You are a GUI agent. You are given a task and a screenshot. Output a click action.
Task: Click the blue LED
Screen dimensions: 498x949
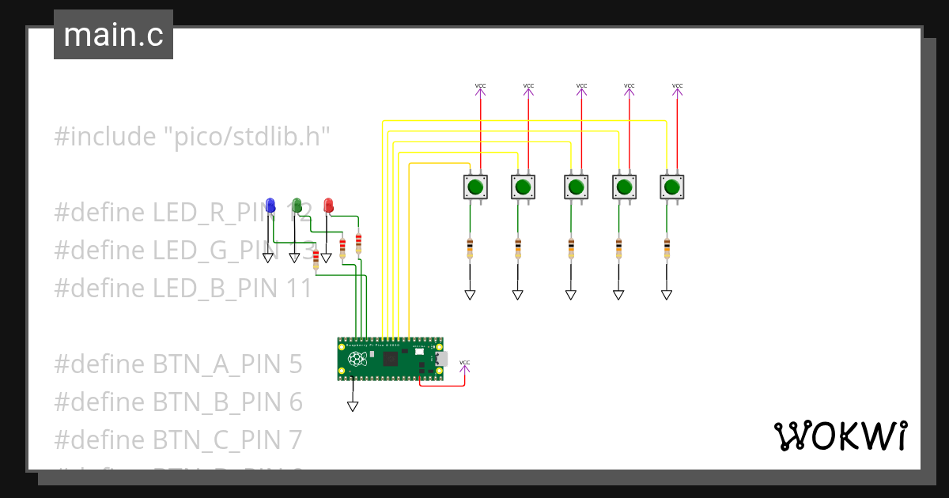[x=270, y=206]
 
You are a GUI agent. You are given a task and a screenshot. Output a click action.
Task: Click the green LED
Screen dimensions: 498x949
[x=297, y=206]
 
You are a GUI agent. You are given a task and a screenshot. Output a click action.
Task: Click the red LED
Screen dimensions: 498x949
[x=328, y=206]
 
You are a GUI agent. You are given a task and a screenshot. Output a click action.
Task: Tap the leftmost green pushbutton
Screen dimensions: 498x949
[x=475, y=187]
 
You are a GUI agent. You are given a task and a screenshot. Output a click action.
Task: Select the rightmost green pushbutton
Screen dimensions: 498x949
[x=671, y=187]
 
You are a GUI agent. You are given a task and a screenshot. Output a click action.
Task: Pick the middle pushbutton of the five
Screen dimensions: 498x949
[x=576, y=187]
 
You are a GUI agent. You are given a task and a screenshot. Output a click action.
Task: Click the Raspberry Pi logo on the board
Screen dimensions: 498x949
[x=357, y=359]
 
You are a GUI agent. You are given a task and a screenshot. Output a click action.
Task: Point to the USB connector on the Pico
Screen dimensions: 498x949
[x=440, y=359]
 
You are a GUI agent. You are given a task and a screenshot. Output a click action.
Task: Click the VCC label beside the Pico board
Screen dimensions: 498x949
[x=464, y=363]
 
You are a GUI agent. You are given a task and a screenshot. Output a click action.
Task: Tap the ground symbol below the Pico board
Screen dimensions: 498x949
[x=353, y=406]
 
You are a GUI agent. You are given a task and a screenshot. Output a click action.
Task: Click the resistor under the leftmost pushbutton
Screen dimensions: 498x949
[x=470, y=248]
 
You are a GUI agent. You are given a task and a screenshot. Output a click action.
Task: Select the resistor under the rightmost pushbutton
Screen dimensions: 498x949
[x=667, y=248]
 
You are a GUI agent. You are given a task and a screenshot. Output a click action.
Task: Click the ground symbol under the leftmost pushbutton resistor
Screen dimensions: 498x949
[x=470, y=295]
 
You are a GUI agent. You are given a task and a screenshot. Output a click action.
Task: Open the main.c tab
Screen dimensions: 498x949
[x=113, y=35]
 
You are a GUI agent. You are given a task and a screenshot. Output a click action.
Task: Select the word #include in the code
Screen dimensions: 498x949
[x=105, y=137]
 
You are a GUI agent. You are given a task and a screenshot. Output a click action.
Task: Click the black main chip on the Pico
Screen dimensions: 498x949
[x=391, y=359]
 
